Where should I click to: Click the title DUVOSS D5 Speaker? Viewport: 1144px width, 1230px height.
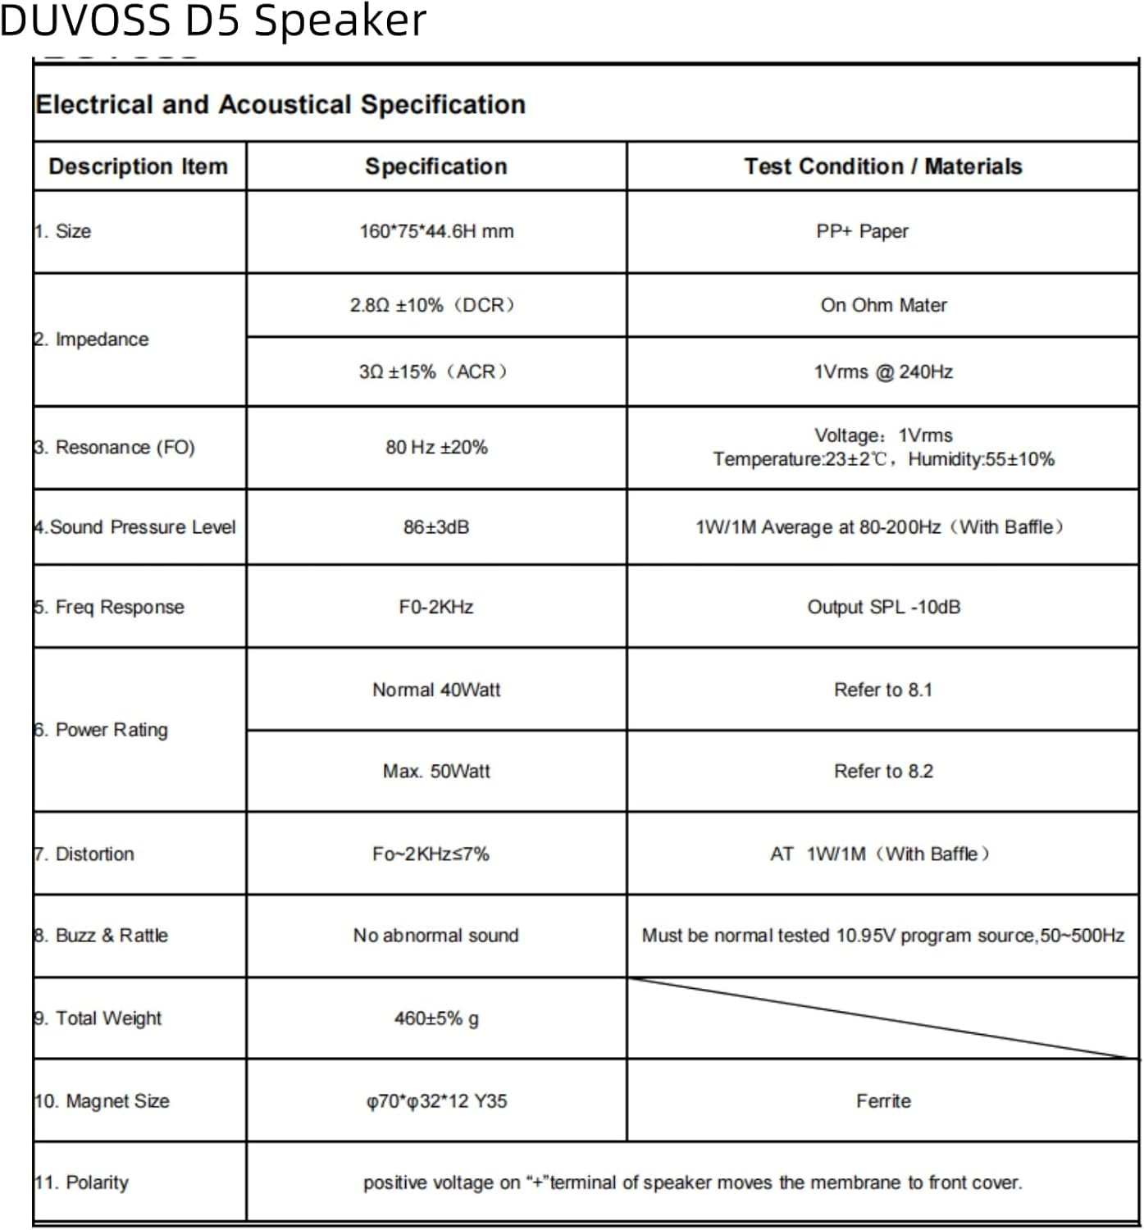[x=213, y=20]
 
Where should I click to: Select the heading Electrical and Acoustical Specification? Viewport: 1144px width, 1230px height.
[x=280, y=105]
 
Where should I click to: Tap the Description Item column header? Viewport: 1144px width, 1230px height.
[x=138, y=166]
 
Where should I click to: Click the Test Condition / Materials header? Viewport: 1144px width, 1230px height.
[x=882, y=166]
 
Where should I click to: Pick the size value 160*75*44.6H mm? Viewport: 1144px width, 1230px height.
[x=436, y=231]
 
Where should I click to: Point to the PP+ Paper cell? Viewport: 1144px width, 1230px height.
[x=862, y=231]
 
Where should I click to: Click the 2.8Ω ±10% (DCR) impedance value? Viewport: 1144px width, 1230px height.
[x=432, y=305]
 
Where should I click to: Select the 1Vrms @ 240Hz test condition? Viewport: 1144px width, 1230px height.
[x=883, y=372]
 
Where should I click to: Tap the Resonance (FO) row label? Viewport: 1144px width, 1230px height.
[x=115, y=448]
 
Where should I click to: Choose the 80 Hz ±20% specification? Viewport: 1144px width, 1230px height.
[x=436, y=448]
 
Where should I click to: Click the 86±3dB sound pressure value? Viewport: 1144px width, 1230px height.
[x=436, y=527]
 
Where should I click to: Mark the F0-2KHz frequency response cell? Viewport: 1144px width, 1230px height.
[x=436, y=608]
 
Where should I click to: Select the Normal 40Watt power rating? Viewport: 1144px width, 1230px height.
[x=436, y=690]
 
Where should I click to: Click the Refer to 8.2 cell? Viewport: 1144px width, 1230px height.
[x=883, y=772]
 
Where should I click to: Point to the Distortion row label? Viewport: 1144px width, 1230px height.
[x=84, y=854]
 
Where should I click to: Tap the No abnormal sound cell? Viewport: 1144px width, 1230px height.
[x=436, y=936]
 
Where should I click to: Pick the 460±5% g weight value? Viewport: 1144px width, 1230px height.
[x=436, y=1018]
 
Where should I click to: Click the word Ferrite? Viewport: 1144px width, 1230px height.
[x=883, y=1101]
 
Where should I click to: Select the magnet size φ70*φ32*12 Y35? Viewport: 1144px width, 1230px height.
[x=436, y=1101]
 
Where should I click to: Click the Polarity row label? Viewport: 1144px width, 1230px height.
[x=82, y=1182]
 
